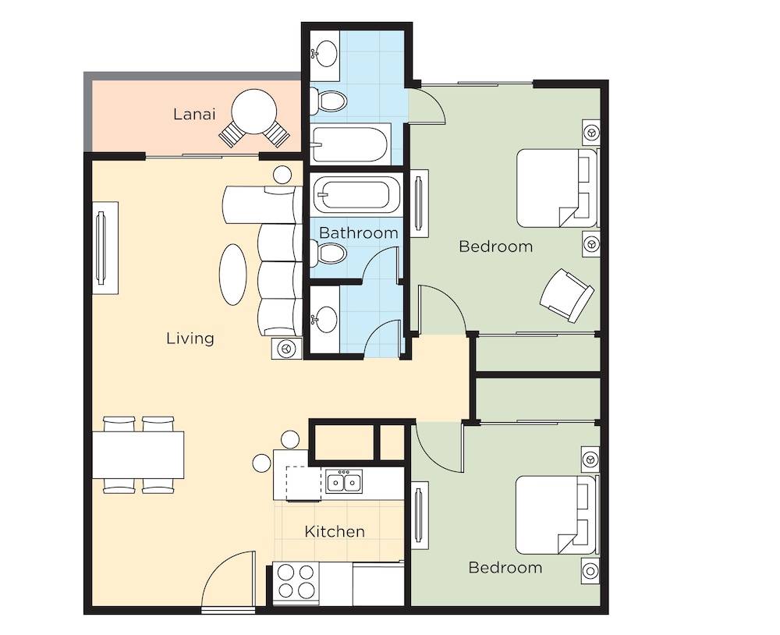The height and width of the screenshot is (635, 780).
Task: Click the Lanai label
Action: click(194, 114)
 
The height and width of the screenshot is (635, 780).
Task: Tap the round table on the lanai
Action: click(254, 112)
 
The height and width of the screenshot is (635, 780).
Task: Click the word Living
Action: click(190, 339)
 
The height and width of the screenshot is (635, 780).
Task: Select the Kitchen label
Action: click(335, 531)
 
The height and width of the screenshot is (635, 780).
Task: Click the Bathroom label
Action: click(358, 233)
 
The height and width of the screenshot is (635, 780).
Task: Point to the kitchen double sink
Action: click(344, 481)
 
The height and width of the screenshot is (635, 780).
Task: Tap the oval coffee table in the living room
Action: click(232, 275)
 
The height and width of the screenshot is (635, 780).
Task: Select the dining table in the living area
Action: click(138, 455)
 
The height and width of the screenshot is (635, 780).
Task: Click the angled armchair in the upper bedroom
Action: click(566, 295)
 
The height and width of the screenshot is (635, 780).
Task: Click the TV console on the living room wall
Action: click(105, 248)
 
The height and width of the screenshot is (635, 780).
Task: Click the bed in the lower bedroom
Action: click(556, 515)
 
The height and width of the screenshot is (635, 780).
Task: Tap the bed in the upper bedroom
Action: click(557, 188)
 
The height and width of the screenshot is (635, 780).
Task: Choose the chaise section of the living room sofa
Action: click(262, 204)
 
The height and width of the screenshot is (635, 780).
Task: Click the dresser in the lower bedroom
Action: click(420, 515)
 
